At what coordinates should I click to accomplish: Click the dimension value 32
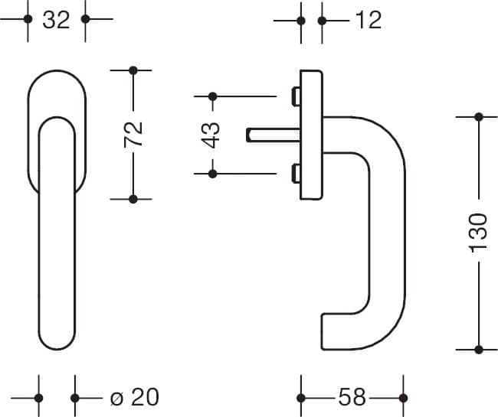click(56, 20)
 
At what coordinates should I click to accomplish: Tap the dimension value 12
click(369, 20)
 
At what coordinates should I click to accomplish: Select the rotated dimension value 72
click(133, 135)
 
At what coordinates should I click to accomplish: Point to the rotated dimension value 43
click(211, 135)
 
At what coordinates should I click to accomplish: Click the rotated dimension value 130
click(479, 233)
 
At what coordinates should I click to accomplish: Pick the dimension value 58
click(352, 397)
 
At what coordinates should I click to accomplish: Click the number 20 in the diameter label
click(145, 397)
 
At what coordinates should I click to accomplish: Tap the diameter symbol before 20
click(116, 399)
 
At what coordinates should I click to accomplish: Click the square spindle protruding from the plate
click(274, 135)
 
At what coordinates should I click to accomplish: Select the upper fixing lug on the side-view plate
click(296, 96)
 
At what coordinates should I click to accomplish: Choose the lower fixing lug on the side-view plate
click(296, 174)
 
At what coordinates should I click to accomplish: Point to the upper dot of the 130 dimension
click(479, 117)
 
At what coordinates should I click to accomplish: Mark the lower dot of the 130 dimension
click(479, 350)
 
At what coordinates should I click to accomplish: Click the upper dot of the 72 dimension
click(133, 70)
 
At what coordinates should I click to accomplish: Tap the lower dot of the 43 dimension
click(212, 174)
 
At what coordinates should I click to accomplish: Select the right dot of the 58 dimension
click(403, 398)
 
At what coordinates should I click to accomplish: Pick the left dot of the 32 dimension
click(28, 19)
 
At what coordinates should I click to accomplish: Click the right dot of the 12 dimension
click(322, 21)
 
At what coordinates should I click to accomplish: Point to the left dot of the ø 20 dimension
click(39, 398)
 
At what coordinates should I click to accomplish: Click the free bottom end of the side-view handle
click(322, 332)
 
